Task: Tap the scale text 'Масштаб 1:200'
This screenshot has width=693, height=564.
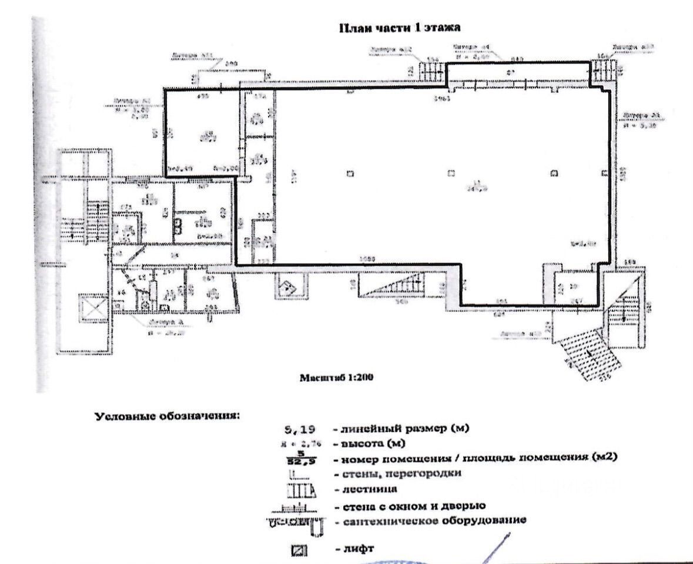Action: pyautogui.click(x=337, y=378)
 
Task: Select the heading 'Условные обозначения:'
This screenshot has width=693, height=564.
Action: pyautogui.click(x=168, y=416)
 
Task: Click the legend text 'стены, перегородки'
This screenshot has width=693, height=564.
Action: pyautogui.click(x=398, y=474)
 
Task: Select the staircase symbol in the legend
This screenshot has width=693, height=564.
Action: pyautogui.click(x=301, y=489)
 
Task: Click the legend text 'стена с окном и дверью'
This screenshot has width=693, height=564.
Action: pyautogui.click(x=409, y=505)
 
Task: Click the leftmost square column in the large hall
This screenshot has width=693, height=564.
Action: pyautogui.click(x=350, y=173)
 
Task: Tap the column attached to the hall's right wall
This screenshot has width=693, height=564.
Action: pyautogui.click(x=604, y=173)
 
